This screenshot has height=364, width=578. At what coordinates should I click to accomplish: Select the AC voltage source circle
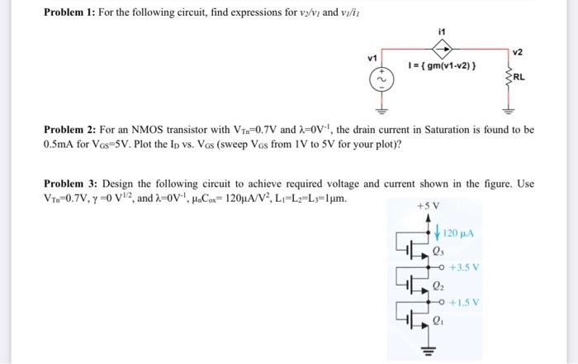pyautogui.click(x=383, y=79)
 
